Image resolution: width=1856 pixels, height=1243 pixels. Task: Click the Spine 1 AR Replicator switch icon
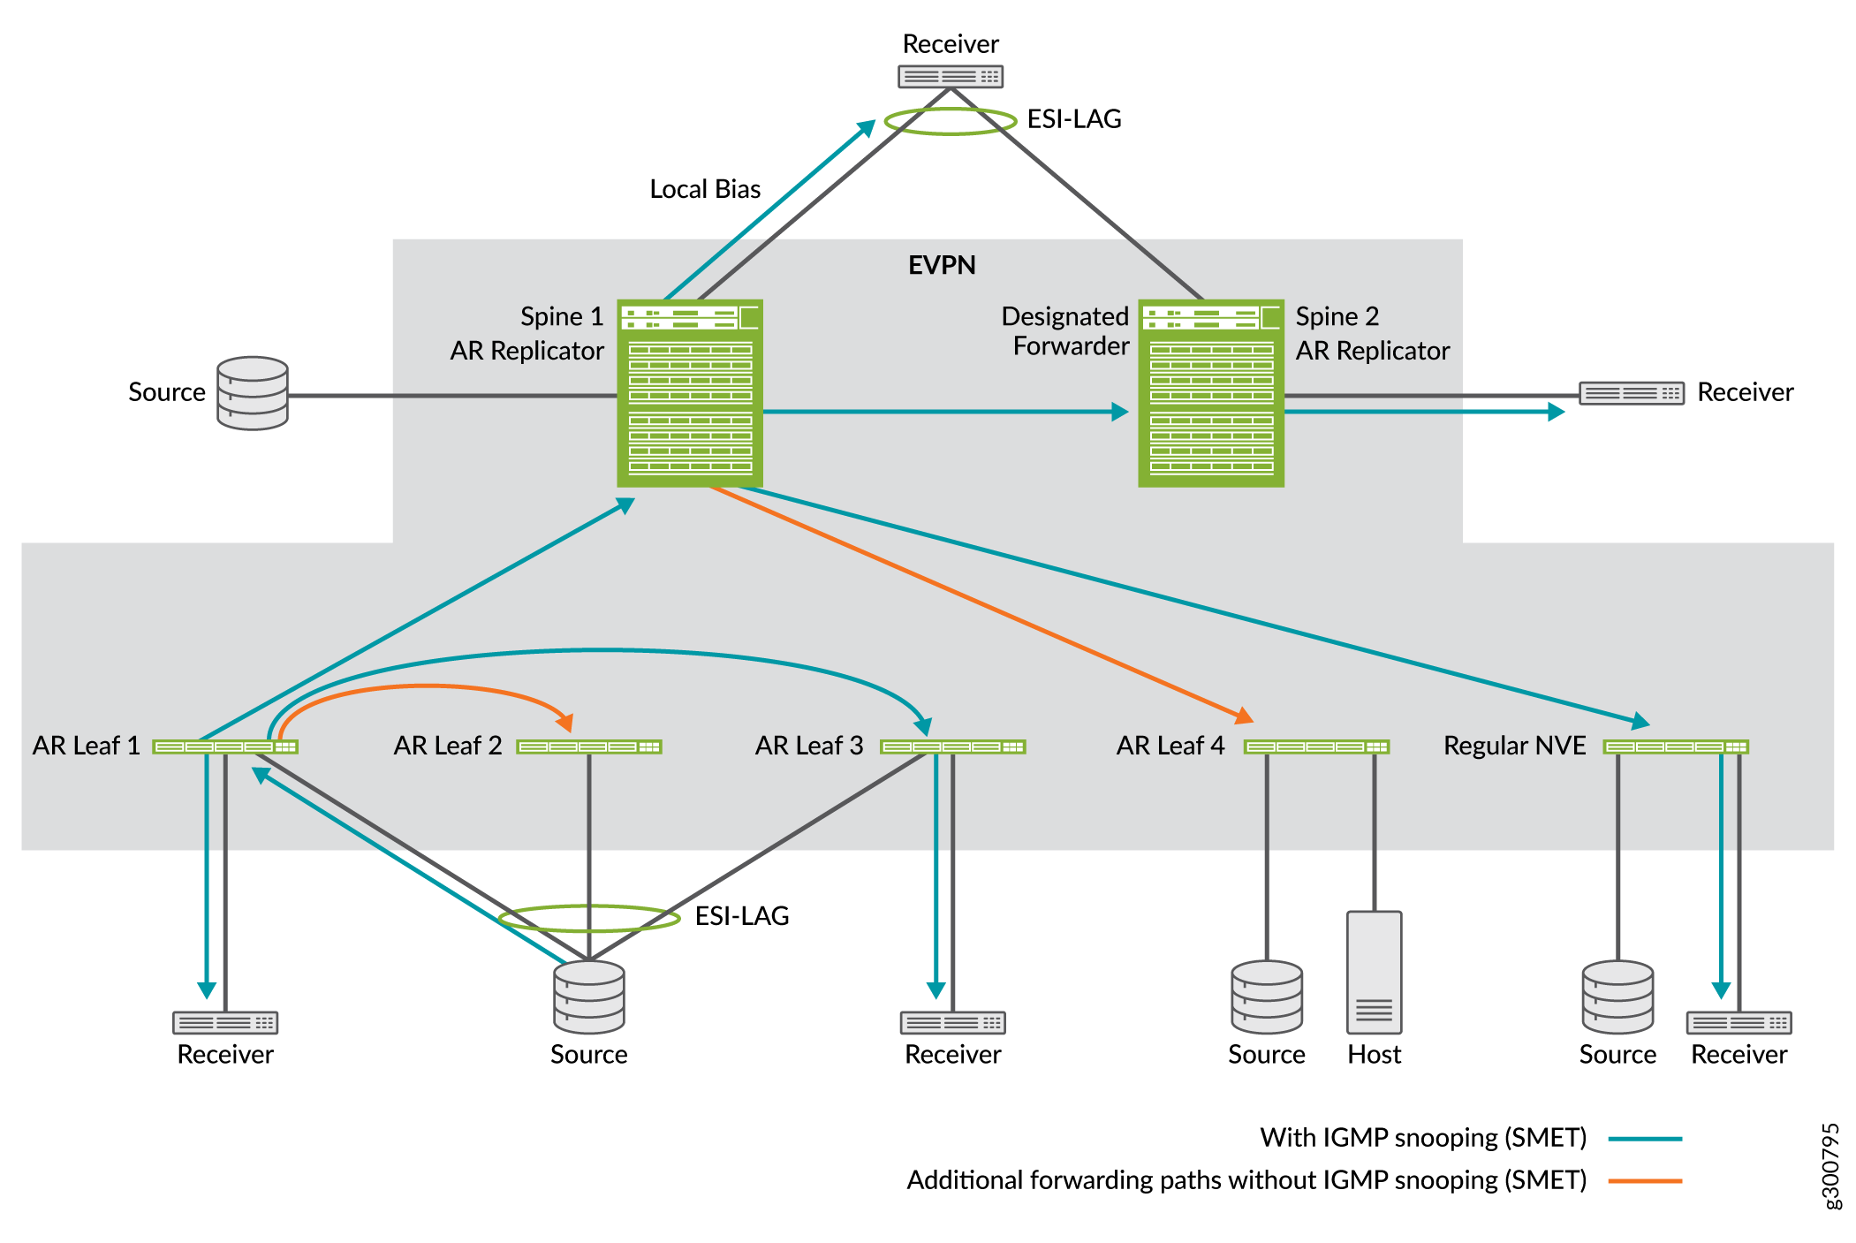click(x=689, y=392)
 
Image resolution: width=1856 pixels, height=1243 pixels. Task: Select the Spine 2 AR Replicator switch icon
click(x=1210, y=392)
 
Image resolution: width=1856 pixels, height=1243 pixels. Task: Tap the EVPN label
click(x=942, y=265)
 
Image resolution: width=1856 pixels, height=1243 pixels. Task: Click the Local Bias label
click(x=705, y=189)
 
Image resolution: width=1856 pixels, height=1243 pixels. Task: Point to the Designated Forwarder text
click(x=1065, y=331)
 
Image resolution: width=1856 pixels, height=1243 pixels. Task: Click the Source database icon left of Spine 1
click(x=253, y=393)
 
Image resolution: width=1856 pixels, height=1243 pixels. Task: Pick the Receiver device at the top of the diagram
click(x=951, y=77)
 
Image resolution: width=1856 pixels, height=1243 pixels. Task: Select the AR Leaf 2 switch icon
click(x=589, y=747)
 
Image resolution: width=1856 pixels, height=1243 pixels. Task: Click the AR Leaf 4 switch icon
click(x=1316, y=747)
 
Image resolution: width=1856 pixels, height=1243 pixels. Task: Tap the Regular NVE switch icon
click(x=1676, y=747)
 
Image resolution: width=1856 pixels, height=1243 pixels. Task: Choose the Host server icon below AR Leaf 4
click(x=1374, y=972)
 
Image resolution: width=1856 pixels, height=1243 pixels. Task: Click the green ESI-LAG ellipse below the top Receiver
click(x=951, y=121)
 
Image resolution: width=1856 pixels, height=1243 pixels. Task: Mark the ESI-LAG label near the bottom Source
click(x=742, y=916)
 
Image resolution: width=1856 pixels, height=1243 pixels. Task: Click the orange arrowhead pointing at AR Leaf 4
click(x=1245, y=715)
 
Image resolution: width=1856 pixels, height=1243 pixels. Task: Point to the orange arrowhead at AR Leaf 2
click(x=566, y=723)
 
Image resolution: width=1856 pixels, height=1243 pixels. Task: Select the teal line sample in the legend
click(x=1645, y=1139)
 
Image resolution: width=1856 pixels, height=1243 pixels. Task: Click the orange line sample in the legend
click(x=1645, y=1180)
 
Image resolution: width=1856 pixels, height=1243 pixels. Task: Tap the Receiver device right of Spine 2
click(x=1631, y=393)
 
